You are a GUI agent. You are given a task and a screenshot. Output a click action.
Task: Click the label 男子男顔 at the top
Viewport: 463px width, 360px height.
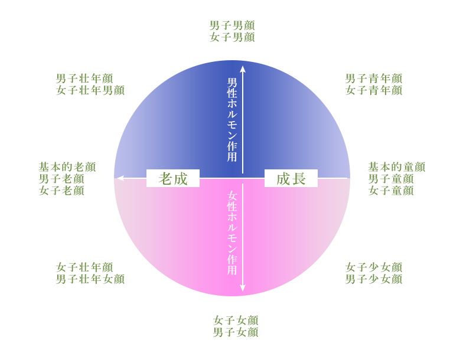point(232,25)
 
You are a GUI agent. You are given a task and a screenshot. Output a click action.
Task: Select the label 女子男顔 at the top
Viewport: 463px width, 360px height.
point(232,37)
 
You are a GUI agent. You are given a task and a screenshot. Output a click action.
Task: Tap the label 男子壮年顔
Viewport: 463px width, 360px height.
point(84,78)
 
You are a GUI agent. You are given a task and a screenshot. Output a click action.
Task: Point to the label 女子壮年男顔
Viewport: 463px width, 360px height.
point(90,90)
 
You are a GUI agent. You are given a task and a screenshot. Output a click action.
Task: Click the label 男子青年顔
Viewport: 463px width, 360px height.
point(374,78)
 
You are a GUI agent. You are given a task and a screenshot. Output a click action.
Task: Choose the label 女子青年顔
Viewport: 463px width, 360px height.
point(374,90)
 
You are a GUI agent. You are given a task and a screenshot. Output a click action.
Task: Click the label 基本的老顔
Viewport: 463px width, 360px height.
point(67,167)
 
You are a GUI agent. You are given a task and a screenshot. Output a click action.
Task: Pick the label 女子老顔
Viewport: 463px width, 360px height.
point(61,191)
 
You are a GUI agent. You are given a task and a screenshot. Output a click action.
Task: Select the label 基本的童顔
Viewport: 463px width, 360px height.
point(397,167)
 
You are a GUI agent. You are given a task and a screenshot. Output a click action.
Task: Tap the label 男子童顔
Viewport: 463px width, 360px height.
point(391,179)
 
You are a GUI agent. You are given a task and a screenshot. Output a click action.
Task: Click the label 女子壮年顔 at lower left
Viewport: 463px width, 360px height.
point(84,267)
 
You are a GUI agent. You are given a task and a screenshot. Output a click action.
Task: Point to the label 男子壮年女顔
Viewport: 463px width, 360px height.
point(90,279)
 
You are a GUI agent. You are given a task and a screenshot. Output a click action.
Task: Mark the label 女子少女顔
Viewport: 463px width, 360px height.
point(374,267)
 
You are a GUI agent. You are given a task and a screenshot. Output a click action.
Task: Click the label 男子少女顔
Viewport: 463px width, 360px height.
point(374,279)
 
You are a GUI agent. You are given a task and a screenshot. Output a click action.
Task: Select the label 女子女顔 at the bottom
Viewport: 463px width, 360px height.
point(236,320)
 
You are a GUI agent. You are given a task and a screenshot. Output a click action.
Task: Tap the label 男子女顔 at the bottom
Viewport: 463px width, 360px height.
point(236,332)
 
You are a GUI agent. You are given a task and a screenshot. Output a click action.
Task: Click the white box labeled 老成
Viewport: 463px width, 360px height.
point(173,178)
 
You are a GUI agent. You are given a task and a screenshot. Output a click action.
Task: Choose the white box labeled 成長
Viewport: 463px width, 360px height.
point(291,178)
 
